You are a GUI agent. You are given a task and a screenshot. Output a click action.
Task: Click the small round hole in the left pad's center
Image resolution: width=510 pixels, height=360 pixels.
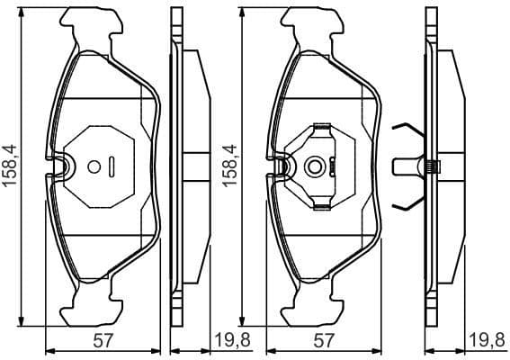pyautogui.click(x=93, y=166)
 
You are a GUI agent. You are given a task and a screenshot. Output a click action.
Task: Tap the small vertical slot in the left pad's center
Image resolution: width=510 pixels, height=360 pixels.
pyautogui.click(x=112, y=166)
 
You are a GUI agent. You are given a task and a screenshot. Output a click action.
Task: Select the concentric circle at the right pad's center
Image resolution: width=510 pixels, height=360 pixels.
pyautogui.click(x=313, y=166)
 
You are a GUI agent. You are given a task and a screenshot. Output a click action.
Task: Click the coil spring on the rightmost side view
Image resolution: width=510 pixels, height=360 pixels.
pyautogui.click(x=433, y=166)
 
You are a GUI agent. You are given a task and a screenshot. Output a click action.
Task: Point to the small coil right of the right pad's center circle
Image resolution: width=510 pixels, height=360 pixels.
pyautogui.click(x=333, y=166)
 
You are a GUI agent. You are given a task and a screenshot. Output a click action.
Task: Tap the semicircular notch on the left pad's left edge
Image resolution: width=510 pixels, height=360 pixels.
pyautogui.click(x=63, y=166)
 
